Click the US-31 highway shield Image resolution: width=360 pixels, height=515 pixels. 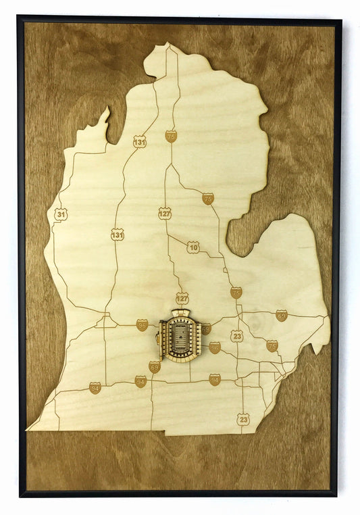[x=61, y=214]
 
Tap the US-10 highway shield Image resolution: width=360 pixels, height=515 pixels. [x=193, y=247]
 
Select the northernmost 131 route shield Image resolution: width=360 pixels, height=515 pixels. [x=139, y=141]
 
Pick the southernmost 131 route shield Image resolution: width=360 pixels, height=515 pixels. [x=118, y=235]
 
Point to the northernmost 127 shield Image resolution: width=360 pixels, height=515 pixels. [x=165, y=214]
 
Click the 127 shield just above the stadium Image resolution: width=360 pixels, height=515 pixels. [x=182, y=298]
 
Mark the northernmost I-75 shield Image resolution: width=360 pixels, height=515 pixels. [x=171, y=136]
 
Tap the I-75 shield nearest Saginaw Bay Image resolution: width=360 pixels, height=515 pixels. [x=208, y=199]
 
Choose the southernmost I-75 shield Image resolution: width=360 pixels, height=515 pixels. [x=272, y=345]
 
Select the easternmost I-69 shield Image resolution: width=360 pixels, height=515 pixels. [x=281, y=315]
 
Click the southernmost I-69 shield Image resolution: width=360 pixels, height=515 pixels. [x=155, y=367]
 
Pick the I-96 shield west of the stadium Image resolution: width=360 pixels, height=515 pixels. [x=142, y=325]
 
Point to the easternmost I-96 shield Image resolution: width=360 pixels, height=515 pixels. [x=215, y=347]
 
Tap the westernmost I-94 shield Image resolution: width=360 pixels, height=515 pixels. [x=95, y=388]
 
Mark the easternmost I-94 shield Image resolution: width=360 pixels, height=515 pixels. [x=215, y=380]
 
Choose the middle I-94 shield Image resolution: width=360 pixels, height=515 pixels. [x=140, y=381]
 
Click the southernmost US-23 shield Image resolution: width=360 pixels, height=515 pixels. [x=243, y=419]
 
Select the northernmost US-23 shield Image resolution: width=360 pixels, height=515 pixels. [x=236, y=336]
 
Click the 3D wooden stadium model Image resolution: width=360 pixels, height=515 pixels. [x=181, y=335]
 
